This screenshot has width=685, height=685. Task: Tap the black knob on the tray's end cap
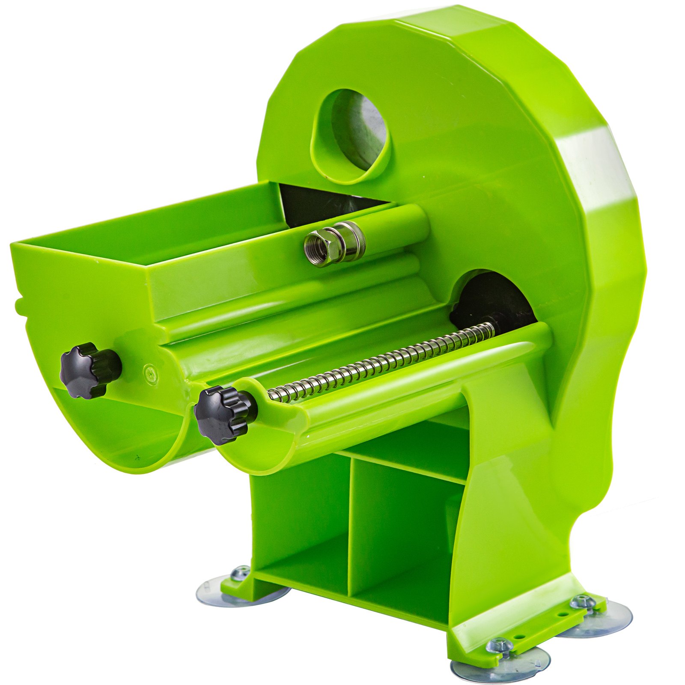coord(88,369)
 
